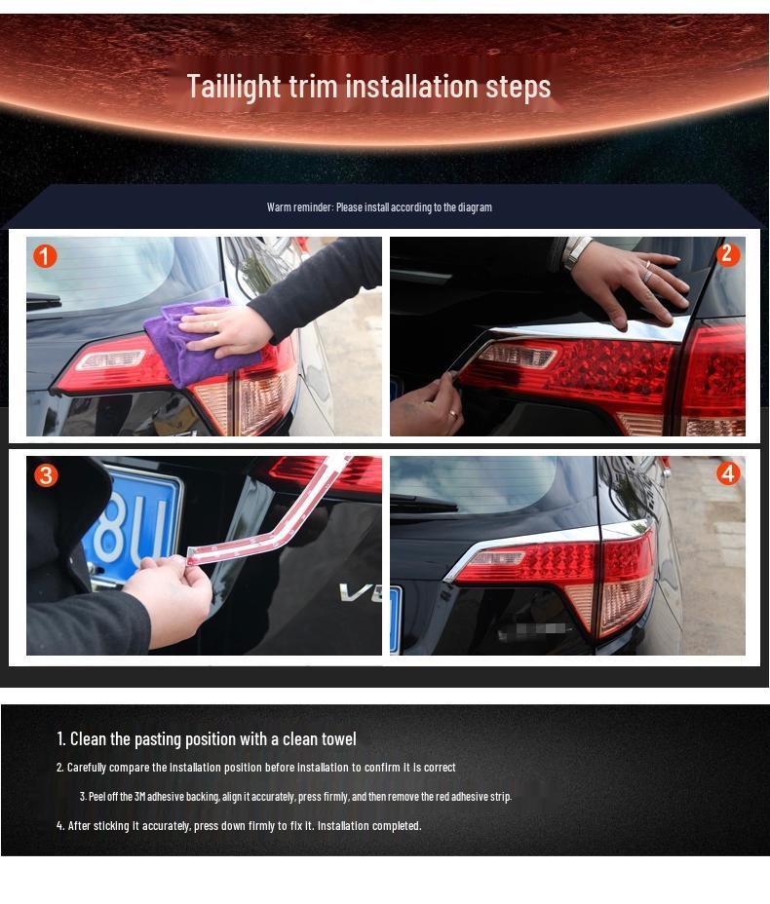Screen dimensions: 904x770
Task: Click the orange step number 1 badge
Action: (45, 256)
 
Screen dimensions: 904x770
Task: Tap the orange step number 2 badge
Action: (727, 255)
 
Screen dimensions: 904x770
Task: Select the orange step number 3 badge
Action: (46, 475)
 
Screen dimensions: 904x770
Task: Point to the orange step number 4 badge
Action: (727, 474)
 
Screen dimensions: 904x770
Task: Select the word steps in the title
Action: (519, 87)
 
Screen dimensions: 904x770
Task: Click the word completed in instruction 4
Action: (396, 826)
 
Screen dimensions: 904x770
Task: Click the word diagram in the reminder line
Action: (475, 207)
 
